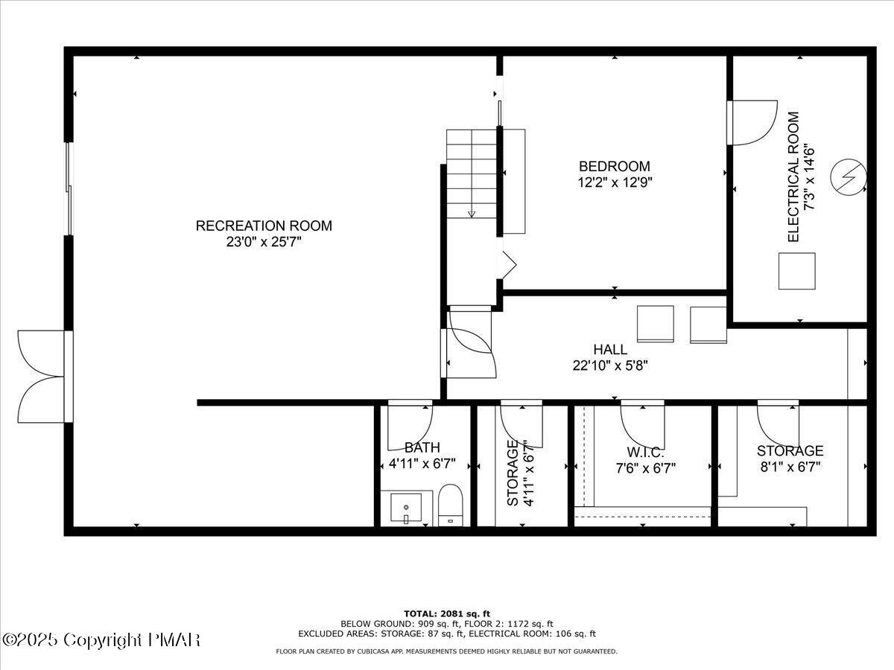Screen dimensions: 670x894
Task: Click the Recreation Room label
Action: [x=264, y=226]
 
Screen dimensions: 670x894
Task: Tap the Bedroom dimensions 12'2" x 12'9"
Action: [x=615, y=182]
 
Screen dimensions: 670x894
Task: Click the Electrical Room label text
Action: [x=793, y=177]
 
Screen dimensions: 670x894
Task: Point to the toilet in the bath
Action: [x=450, y=505]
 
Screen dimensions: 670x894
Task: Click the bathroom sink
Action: [x=405, y=508]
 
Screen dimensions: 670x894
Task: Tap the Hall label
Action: [x=610, y=349]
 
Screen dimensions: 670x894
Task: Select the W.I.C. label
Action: [x=645, y=452]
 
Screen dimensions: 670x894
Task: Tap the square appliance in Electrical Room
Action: [x=796, y=271]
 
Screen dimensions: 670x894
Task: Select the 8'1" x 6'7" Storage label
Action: [x=790, y=450]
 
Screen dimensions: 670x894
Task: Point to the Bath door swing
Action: [x=410, y=426]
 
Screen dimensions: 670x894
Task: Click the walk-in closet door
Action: [x=642, y=421]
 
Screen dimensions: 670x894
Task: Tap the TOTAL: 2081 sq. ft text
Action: [x=447, y=613]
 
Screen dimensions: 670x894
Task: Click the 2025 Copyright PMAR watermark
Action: [x=101, y=639]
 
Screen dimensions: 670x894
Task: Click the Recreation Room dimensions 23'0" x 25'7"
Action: [x=264, y=242]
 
